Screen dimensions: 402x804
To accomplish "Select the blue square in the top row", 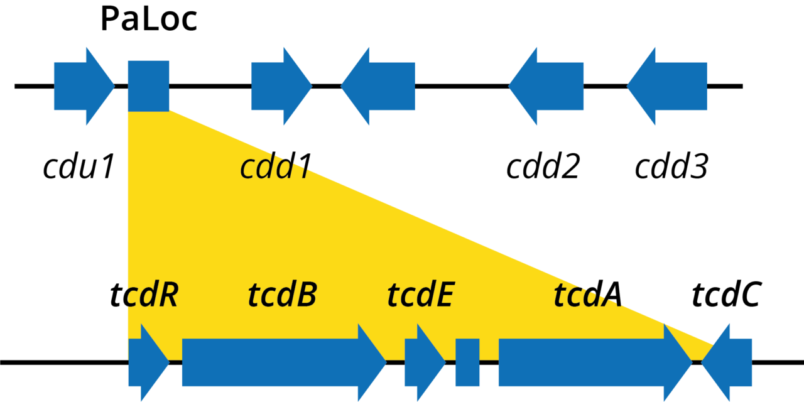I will point(148,86).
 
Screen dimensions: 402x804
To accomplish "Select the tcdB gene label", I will point(282,295).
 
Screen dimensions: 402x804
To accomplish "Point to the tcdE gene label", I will point(420,295).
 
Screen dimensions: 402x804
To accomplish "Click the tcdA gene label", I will point(588,295).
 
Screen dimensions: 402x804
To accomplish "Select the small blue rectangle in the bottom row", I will point(467,362).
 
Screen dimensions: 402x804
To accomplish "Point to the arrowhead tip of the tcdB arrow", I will point(384,362).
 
